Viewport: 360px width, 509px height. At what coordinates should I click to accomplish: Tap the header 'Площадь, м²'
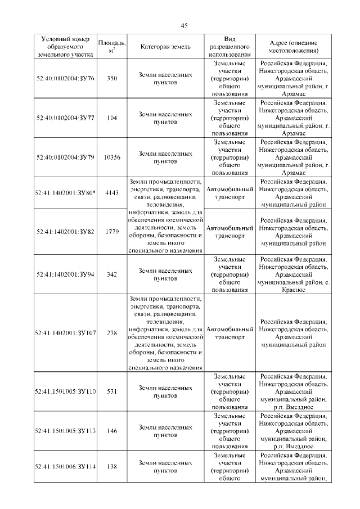(x=112, y=47)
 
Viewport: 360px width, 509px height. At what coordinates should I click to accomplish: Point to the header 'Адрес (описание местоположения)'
(x=294, y=47)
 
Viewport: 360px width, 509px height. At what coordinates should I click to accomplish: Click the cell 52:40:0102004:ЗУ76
(x=65, y=78)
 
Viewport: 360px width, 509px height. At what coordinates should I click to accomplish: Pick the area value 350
(x=112, y=78)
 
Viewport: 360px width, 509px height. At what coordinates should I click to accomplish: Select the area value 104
(x=112, y=118)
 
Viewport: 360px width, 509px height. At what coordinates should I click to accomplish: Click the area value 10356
(x=112, y=157)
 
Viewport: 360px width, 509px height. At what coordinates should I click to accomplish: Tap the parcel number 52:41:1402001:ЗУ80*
(x=65, y=192)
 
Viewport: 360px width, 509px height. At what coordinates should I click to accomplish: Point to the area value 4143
(x=112, y=192)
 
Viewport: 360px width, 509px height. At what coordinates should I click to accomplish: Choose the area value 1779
(x=112, y=231)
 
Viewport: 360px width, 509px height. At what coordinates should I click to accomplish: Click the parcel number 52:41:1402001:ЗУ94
(x=65, y=274)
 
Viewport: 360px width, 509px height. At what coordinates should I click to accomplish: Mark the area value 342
(x=112, y=274)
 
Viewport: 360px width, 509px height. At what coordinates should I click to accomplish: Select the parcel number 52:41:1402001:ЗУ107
(x=65, y=333)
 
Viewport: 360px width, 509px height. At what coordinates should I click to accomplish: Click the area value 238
(x=112, y=333)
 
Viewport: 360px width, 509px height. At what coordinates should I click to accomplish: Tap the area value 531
(x=112, y=391)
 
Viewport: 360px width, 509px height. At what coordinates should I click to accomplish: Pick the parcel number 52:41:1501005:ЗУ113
(x=65, y=431)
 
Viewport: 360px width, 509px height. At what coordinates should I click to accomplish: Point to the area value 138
(x=112, y=466)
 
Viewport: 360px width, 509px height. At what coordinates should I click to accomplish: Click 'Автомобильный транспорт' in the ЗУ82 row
(x=229, y=232)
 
